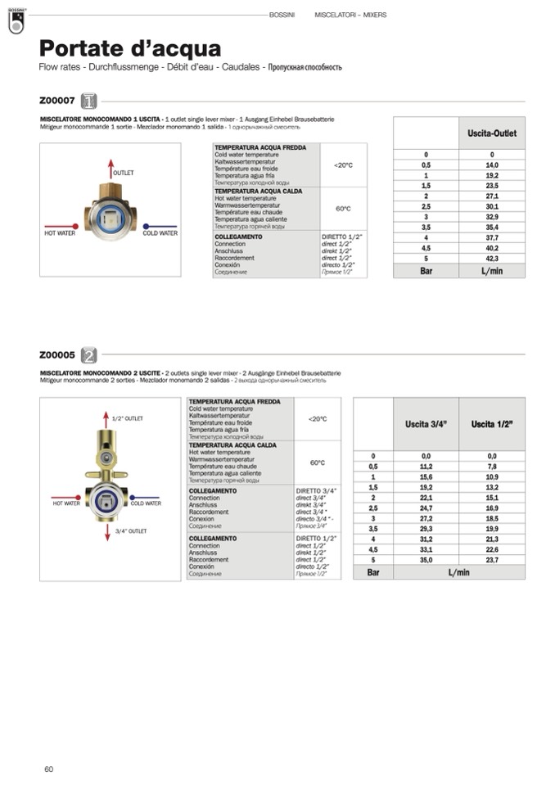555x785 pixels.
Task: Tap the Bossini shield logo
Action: (16, 24)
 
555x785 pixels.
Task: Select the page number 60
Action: (49, 769)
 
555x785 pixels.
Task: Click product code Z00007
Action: (57, 101)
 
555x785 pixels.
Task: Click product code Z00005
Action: (57, 354)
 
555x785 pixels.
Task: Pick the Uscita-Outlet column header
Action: (491, 133)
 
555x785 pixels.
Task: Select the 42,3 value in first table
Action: (491, 259)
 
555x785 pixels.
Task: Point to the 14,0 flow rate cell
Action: (491, 165)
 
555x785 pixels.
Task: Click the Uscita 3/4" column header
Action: (426, 424)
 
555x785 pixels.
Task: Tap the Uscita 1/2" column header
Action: (492, 424)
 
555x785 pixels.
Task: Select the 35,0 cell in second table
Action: (426, 561)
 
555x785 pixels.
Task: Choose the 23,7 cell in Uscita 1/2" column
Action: (492, 561)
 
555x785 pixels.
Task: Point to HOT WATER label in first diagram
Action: (60, 233)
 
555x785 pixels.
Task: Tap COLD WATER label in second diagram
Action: (146, 503)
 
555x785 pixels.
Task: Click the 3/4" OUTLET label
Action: (131, 531)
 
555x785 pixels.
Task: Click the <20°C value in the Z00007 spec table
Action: (343, 165)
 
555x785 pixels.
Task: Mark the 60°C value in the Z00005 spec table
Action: (318, 462)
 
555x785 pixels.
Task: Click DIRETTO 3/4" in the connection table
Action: (316, 490)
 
